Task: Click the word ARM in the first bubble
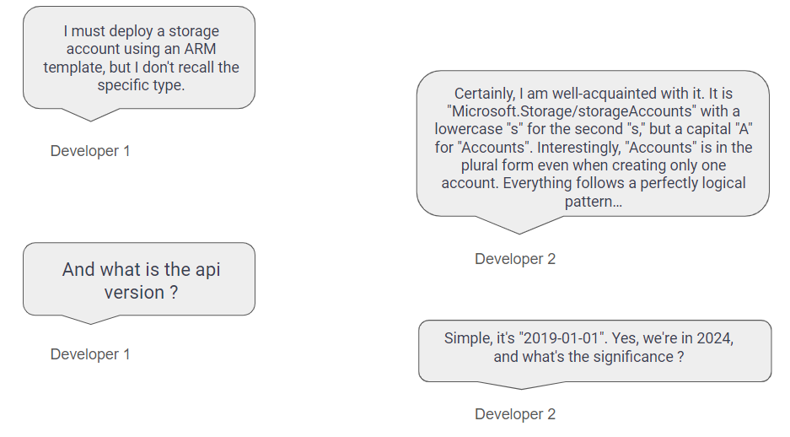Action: coord(200,49)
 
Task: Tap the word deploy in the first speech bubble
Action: coord(131,31)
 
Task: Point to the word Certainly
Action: coord(485,94)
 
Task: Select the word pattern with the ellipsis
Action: coord(593,202)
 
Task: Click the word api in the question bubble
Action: coord(207,270)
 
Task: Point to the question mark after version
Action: coord(174,293)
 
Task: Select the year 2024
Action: coord(714,337)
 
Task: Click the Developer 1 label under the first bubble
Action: coord(90,151)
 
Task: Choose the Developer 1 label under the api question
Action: coord(90,354)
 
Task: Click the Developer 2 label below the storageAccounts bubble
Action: coord(515,259)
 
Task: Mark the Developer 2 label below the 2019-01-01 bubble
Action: coord(515,414)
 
